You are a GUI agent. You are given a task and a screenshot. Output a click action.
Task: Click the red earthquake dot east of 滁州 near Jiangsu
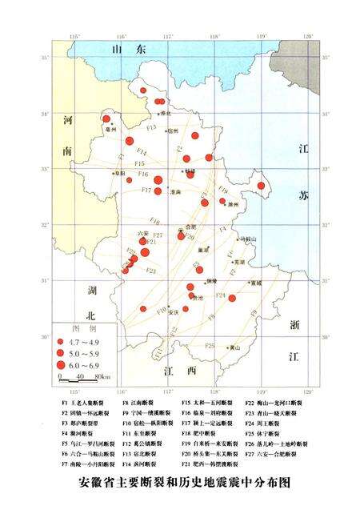(x=261, y=186)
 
